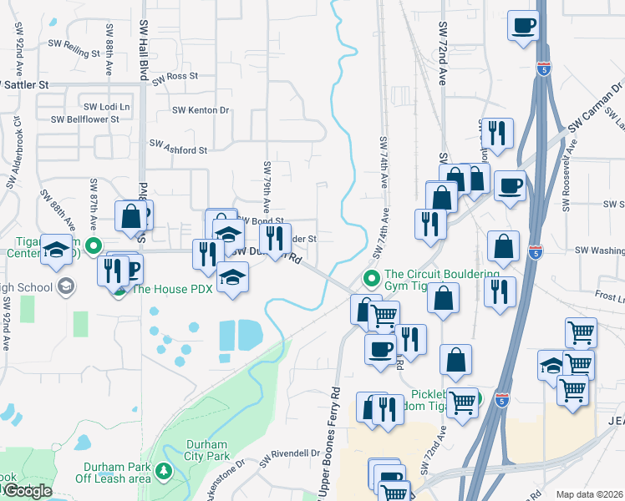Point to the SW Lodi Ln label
point(107,107)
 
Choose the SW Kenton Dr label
point(201,110)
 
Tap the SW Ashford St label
point(178,149)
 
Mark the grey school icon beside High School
point(65,287)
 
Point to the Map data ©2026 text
point(590,494)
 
